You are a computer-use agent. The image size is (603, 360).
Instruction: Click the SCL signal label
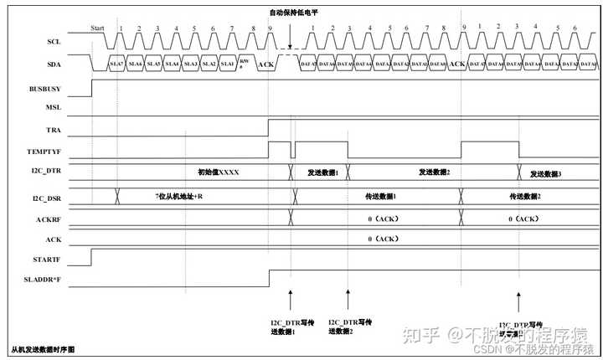pos(54,41)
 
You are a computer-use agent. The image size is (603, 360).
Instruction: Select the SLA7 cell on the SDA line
pos(116,64)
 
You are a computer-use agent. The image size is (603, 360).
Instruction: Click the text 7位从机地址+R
pos(181,196)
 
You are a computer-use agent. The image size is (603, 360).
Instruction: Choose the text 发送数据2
pos(435,172)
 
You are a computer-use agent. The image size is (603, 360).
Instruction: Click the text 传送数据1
pos(380,197)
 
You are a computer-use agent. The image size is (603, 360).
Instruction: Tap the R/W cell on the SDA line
pos(245,63)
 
